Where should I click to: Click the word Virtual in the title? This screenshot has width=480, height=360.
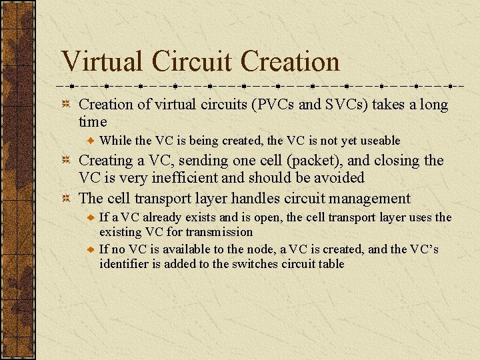point(101,62)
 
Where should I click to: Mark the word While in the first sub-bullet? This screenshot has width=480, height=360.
point(115,141)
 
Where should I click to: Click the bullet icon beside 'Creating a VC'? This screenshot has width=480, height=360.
point(67,161)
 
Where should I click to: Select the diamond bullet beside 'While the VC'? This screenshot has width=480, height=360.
point(92,141)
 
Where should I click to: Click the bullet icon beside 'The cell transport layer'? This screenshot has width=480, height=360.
point(67,199)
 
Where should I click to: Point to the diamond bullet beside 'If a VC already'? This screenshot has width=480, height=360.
point(92,218)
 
